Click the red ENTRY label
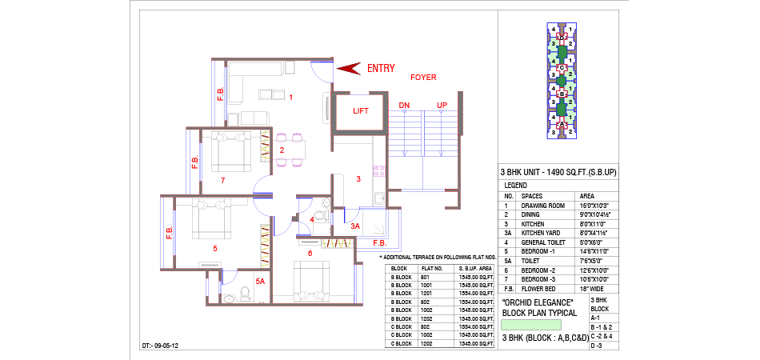(x=381, y=69)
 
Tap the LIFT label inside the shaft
(x=362, y=110)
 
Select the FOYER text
(x=423, y=78)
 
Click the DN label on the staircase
(x=405, y=105)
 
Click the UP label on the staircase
(x=442, y=105)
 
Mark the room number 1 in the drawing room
(x=291, y=98)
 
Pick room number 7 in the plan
(x=222, y=181)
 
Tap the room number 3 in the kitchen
(x=358, y=178)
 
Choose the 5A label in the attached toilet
(x=260, y=281)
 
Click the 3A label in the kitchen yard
(x=354, y=226)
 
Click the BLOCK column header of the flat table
(x=401, y=269)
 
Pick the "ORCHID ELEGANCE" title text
(x=538, y=302)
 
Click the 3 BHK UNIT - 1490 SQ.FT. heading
(x=558, y=173)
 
